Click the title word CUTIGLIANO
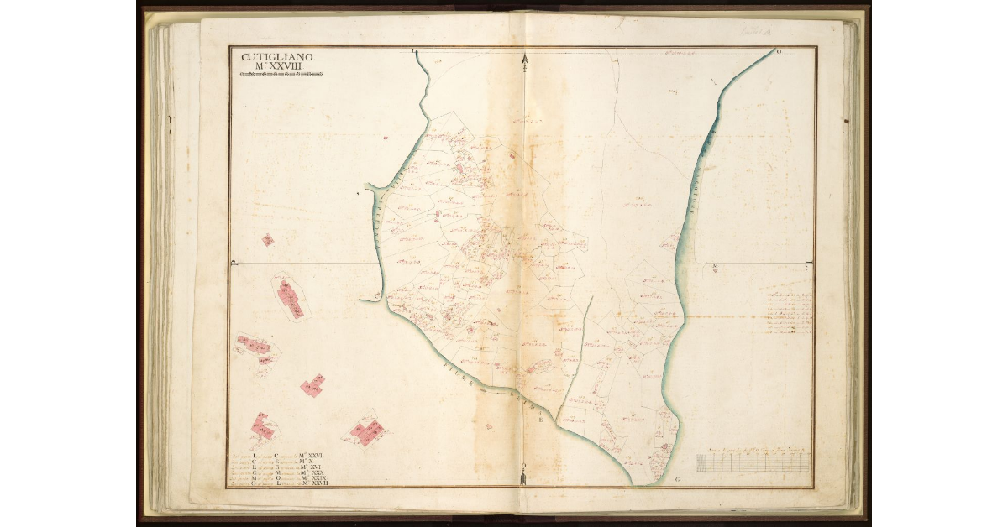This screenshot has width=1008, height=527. pos(277,57)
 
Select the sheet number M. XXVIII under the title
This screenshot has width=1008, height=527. pos(277,66)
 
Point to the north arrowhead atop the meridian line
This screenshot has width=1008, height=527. pos(524,60)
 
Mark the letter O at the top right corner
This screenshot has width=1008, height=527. pos(779,52)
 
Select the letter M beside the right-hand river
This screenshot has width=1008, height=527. pos(715,268)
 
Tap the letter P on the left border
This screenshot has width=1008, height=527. pos(235,263)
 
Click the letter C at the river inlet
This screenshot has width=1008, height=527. pos(377,295)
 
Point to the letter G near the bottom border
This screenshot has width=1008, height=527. pos(677,479)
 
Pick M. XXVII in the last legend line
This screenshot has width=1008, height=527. pos(318,484)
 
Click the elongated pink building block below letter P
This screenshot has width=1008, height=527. pos(291,297)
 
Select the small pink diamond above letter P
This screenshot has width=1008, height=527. pos(268,241)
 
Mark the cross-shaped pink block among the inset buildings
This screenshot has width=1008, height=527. pos(312,386)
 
